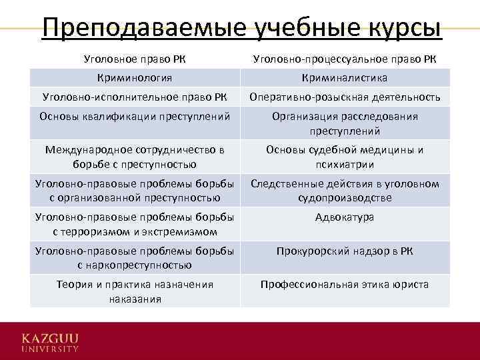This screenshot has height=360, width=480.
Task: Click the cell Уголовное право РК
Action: pyautogui.click(x=135, y=59)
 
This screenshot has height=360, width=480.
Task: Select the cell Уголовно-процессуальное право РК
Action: pyautogui.click(x=345, y=59)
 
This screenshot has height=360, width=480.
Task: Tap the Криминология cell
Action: pyautogui.click(x=135, y=78)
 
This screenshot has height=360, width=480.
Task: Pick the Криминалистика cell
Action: pyautogui.click(x=345, y=78)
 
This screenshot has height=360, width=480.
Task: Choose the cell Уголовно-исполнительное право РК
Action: pyautogui.click(x=135, y=97)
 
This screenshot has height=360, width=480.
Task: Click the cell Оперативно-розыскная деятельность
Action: pyautogui.click(x=345, y=97)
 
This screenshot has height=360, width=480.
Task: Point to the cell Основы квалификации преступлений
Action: pyautogui.click(x=135, y=117)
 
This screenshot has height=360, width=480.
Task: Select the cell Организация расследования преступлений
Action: pyautogui.click(x=345, y=123)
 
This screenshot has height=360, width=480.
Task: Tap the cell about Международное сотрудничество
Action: pyautogui.click(x=135, y=157)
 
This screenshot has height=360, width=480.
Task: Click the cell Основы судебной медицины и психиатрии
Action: pyautogui.click(x=345, y=157)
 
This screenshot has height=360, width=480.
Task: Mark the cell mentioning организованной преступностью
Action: pyautogui.click(x=135, y=191)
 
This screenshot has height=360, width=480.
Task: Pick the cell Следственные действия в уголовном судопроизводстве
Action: pyautogui.click(x=345, y=191)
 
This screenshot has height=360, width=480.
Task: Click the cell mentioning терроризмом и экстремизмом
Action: pyautogui.click(x=135, y=224)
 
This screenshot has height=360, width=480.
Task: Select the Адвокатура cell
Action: pyautogui.click(x=345, y=217)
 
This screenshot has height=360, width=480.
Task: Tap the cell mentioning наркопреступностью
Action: pyautogui.click(x=135, y=258)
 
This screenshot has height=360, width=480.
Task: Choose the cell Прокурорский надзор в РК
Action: pyautogui.click(x=345, y=251)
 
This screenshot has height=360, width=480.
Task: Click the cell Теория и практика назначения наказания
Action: pyautogui.click(x=135, y=291)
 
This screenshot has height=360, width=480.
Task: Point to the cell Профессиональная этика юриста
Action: pyautogui.click(x=345, y=285)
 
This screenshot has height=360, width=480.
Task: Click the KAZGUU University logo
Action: pyautogui.click(x=50, y=341)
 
